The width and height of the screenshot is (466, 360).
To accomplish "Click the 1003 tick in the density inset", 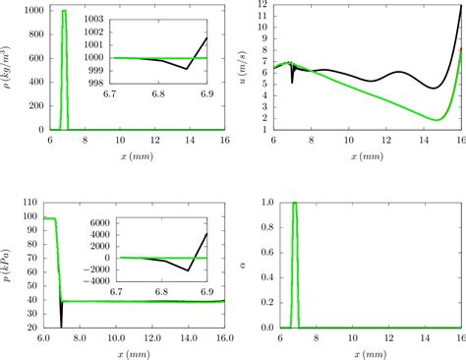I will point(96,20).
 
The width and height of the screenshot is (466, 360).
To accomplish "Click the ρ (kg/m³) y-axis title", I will point(7,67).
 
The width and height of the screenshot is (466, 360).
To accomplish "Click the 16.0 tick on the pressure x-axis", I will point(224,337).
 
